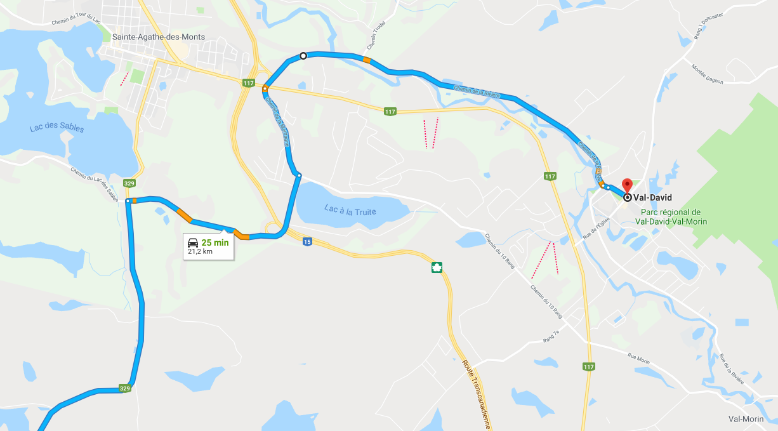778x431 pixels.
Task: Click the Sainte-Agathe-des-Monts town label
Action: (158, 37)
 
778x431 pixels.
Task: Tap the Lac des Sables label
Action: (56, 128)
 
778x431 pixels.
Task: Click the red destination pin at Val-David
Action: (628, 185)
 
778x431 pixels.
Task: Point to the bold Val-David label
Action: (652, 197)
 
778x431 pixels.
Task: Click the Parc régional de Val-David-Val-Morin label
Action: (671, 217)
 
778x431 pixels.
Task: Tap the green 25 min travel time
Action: (215, 242)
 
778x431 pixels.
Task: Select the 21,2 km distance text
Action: (201, 251)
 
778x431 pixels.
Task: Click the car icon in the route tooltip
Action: (192, 242)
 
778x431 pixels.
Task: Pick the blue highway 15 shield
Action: (307, 241)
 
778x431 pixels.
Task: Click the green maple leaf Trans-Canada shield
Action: (437, 267)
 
